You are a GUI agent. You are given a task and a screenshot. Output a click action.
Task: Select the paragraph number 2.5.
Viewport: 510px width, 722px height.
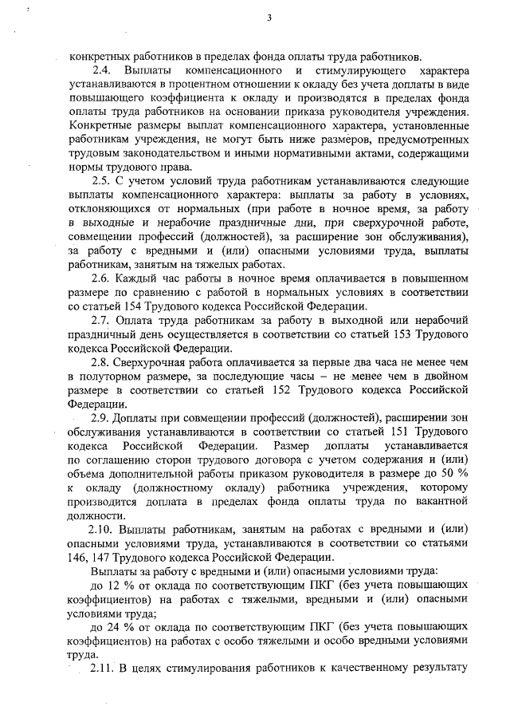pyautogui.click(x=102, y=180)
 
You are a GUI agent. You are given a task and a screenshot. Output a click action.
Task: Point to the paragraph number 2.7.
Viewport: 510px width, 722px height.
pyautogui.click(x=102, y=319)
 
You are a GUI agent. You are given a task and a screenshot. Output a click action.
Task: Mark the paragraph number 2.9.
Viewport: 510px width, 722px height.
pyautogui.click(x=102, y=417)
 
